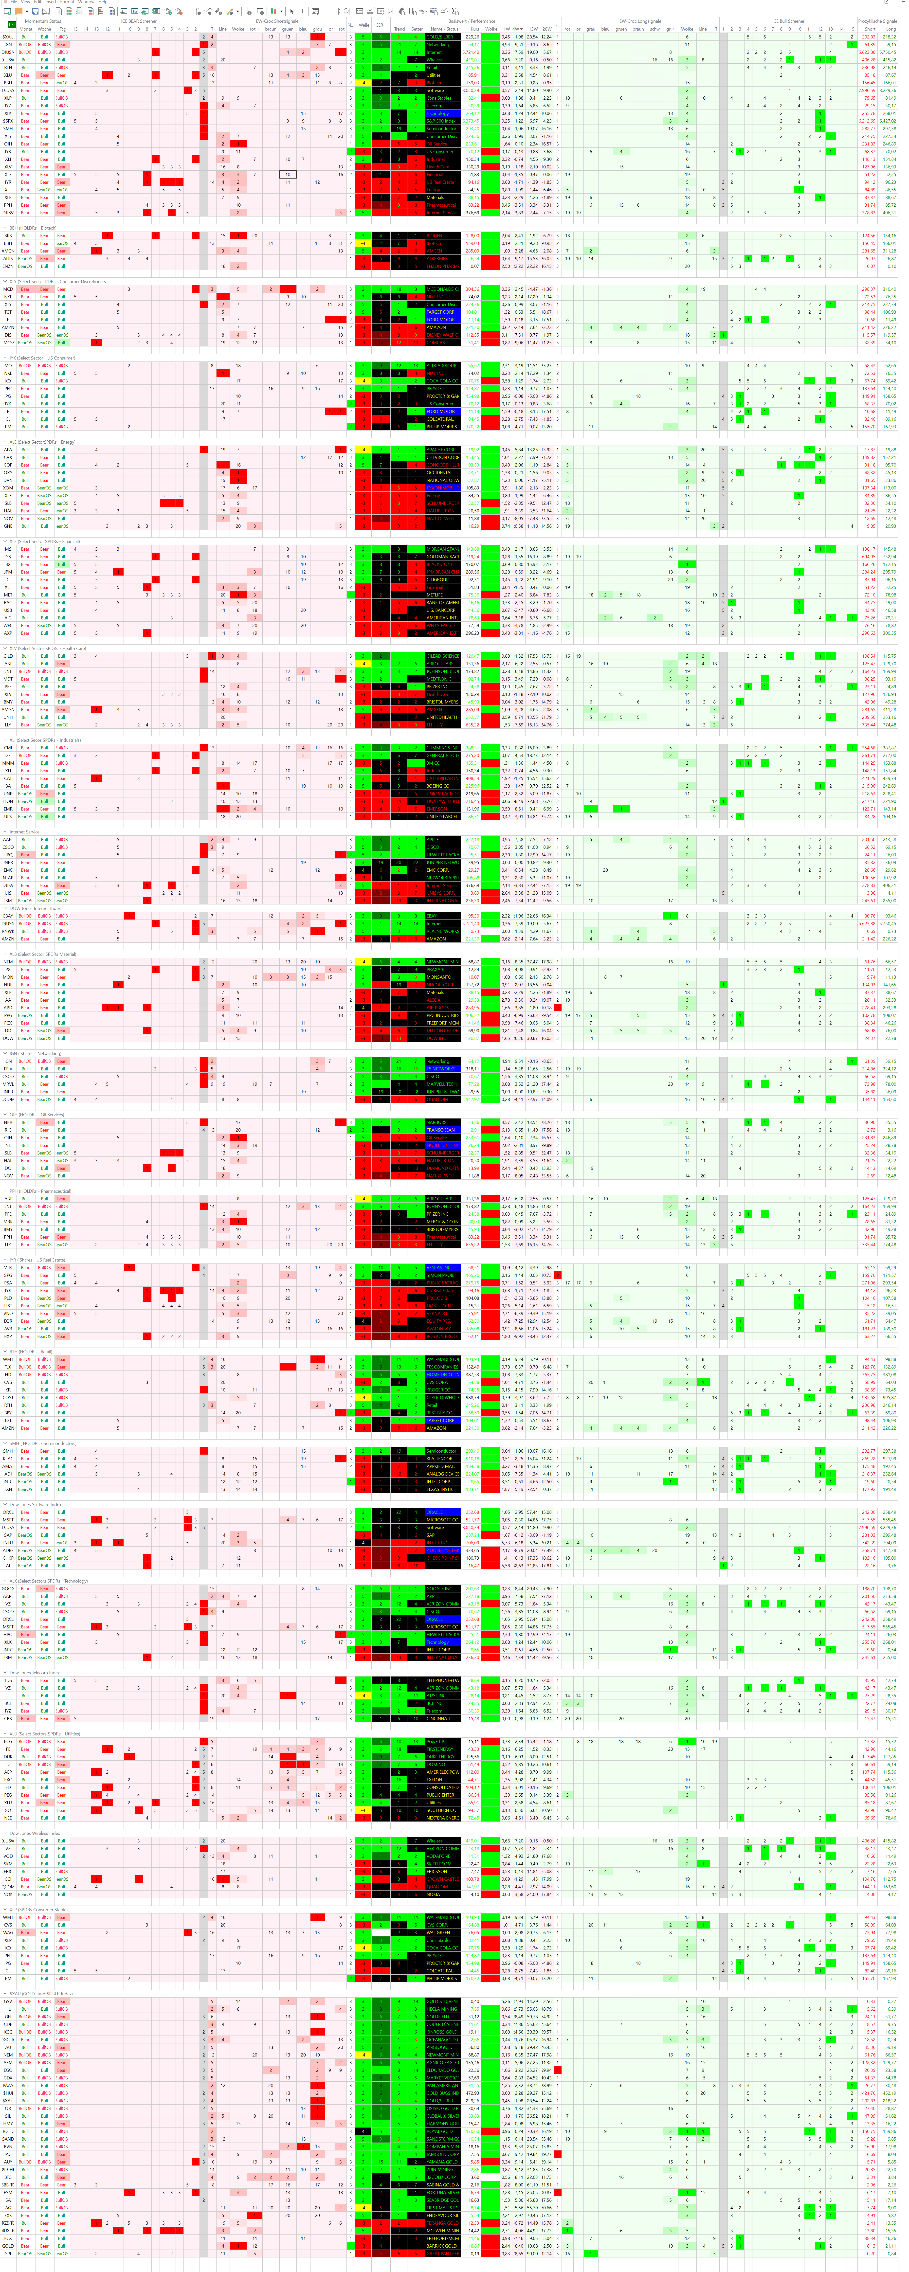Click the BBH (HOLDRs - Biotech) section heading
click(x=32, y=228)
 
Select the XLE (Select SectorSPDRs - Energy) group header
click(x=42, y=442)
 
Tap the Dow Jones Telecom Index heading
click(x=35, y=1672)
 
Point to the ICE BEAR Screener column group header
click(x=138, y=21)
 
